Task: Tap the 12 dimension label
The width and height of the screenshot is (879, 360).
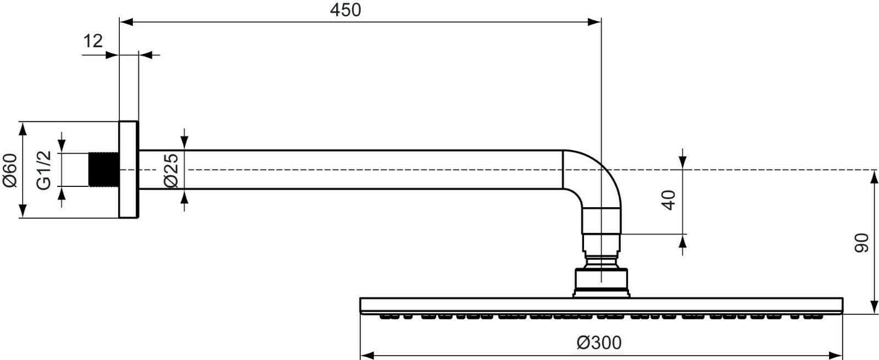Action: pyautogui.click(x=93, y=41)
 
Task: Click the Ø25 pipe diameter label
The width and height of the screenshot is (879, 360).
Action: pyautogui.click(x=171, y=170)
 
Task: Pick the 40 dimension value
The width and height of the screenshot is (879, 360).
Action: pyautogui.click(x=668, y=200)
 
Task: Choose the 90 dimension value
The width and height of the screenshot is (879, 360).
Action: pyautogui.click(x=861, y=242)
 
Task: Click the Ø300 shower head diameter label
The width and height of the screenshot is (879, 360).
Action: pyautogui.click(x=599, y=343)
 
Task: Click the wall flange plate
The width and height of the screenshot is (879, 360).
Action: pyautogui.click(x=128, y=169)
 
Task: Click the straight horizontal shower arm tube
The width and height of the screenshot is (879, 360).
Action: pyautogui.click(x=352, y=169)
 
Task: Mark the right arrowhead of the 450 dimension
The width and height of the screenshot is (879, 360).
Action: pyautogui.click(x=594, y=22)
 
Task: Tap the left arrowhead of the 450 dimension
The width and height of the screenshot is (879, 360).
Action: pyautogui.click(x=126, y=22)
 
